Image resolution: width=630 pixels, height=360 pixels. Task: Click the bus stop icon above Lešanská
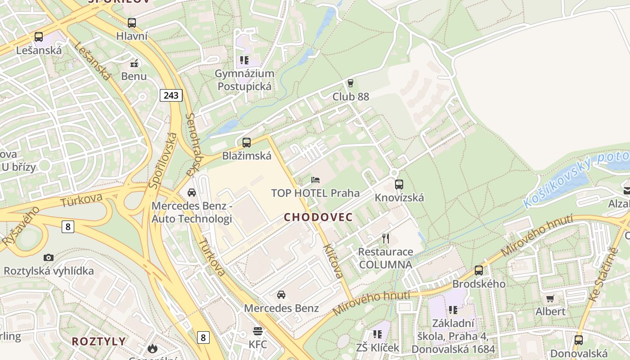[39, 37]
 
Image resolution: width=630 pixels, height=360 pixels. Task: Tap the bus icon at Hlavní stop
[132, 22]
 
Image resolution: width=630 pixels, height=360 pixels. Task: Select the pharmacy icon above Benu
[134, 63]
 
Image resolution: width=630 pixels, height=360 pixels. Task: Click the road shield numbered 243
[171, 95]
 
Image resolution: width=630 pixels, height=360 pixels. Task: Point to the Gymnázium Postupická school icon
[244, 60]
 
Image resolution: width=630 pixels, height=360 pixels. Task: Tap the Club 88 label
[351, 97]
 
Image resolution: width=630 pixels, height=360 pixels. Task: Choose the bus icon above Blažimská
[247, 143]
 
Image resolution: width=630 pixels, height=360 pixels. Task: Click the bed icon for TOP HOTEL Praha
[315, 180]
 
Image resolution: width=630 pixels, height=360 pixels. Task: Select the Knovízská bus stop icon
[399, 184]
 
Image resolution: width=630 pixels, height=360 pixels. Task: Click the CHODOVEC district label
[318, 217]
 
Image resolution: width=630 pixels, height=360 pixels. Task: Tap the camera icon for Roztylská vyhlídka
[49, 257]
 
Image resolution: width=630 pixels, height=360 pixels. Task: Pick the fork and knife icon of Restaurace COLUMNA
[385, 238]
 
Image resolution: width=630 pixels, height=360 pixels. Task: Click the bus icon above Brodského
[479, 270]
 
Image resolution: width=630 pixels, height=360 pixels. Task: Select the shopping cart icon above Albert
[550, 298]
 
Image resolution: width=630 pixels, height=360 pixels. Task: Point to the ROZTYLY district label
[99, 341]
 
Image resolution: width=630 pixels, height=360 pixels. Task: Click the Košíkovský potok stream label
[576, 180]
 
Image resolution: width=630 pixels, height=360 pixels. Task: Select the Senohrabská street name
[192, 144]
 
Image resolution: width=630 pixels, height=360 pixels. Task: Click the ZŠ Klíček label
[378, 347]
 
